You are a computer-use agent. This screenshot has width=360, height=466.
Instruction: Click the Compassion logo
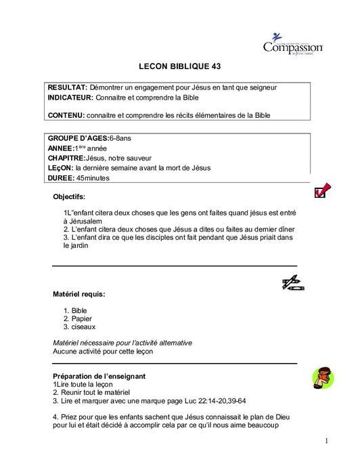click(292, 45)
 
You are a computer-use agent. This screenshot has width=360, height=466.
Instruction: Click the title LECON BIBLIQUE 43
click(179, 67)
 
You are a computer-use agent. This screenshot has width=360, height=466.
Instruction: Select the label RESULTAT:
click(67, 88)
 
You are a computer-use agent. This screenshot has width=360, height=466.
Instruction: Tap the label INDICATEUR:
click(70, 98)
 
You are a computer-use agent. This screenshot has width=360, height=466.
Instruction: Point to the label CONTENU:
click(66, 115)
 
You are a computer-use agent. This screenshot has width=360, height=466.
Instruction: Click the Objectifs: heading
click(69, 197)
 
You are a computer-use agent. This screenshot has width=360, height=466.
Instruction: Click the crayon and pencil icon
click(290, 282)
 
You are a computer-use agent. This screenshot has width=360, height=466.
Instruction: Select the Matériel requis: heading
click(78, 295)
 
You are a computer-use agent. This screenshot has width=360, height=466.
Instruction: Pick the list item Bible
click(79, 310)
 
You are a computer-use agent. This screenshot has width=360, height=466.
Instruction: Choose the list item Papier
click(81, 318)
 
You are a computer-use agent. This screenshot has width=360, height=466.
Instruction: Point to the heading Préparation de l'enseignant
click(99, 375)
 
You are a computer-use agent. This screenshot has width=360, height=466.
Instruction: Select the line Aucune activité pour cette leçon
click(103, 351)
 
